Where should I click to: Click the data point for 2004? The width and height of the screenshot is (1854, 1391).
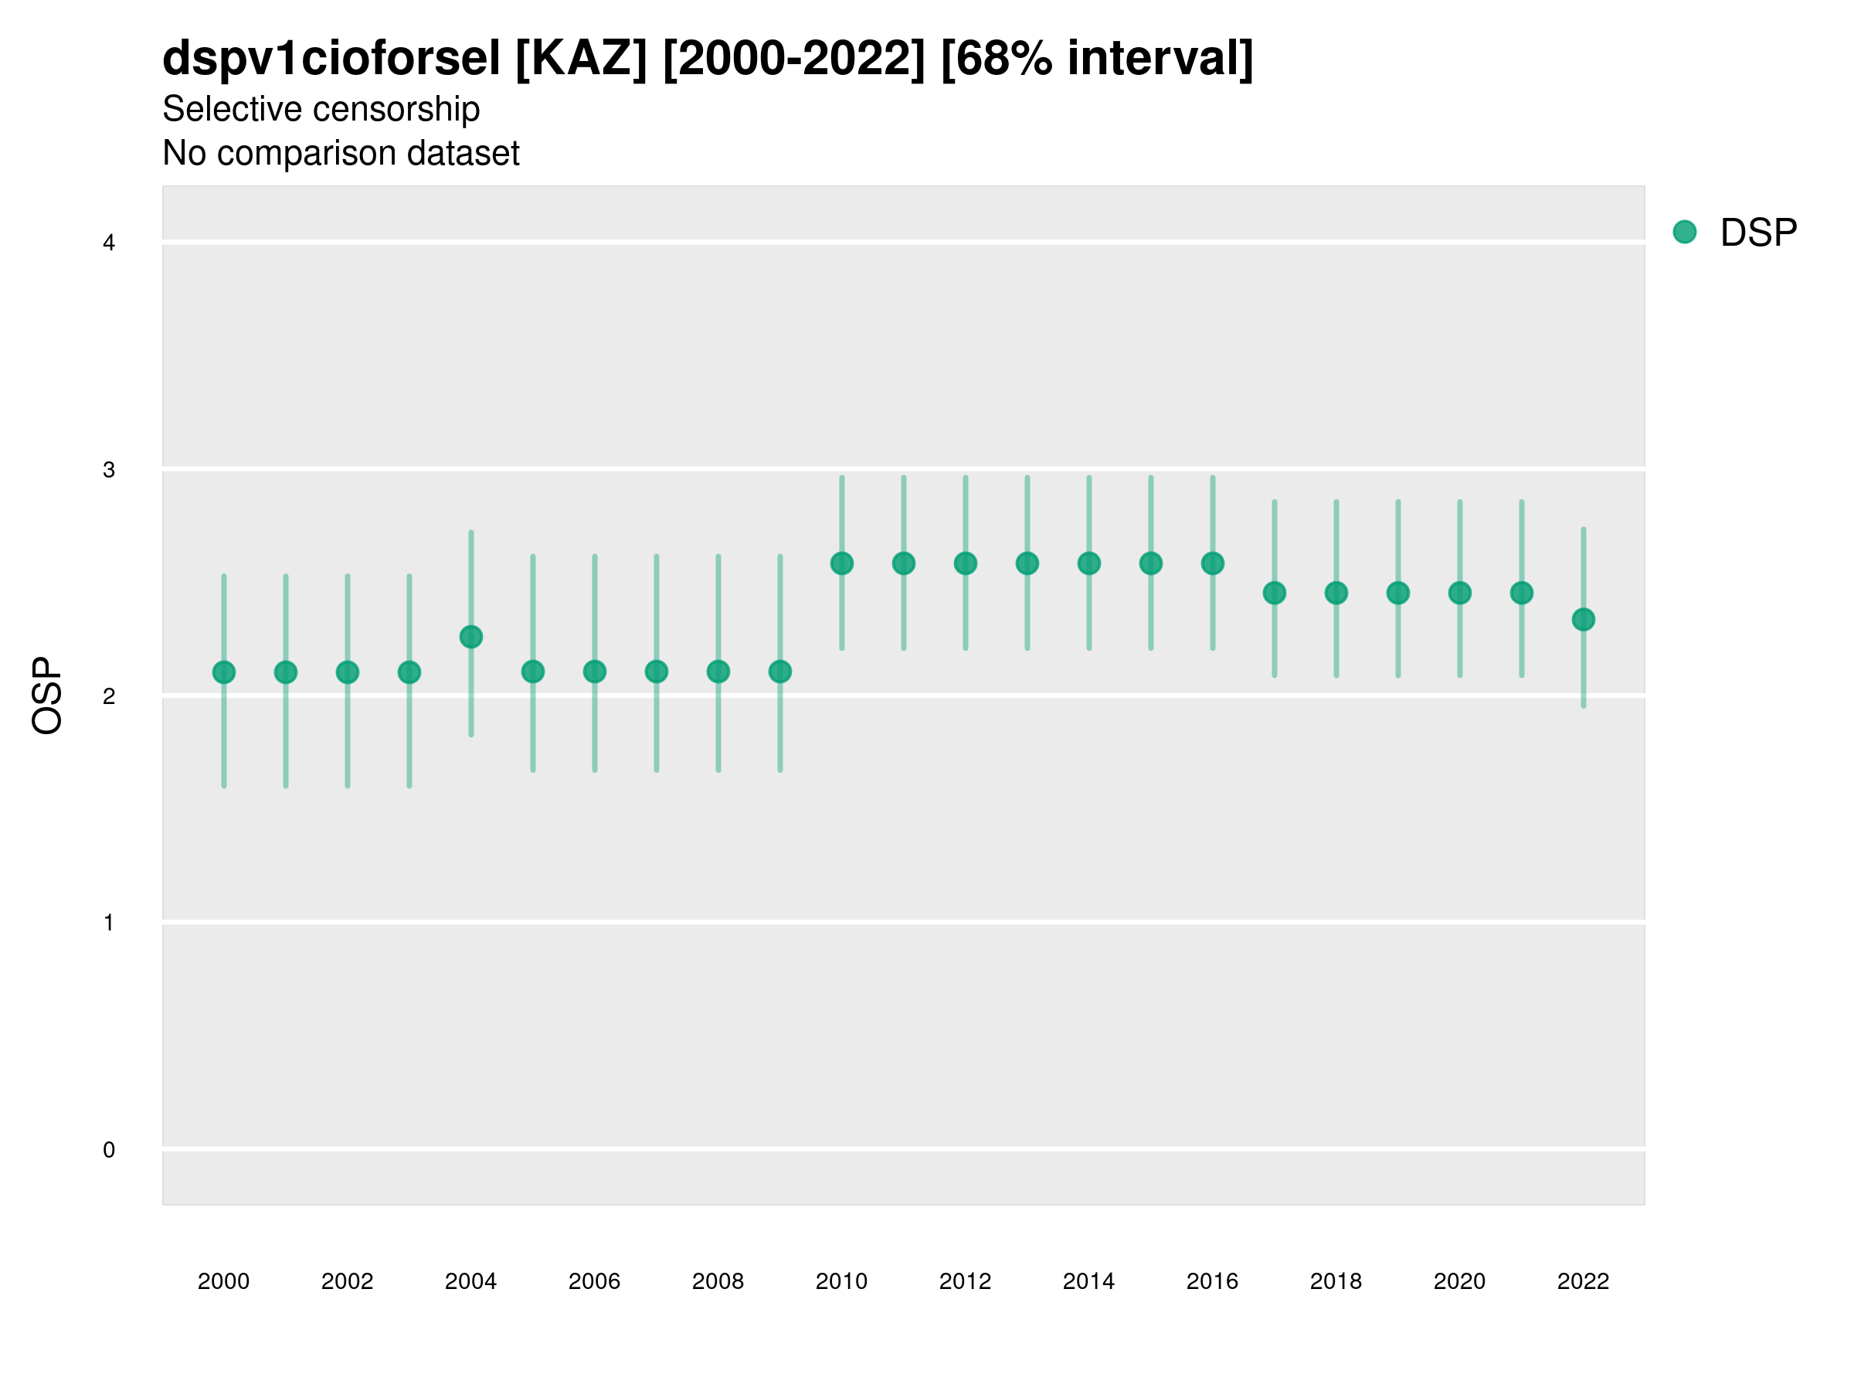pyautogui.click(x=471, y=638)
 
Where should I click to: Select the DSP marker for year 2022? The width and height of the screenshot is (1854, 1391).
pyautogui.click(x=1584, y=620)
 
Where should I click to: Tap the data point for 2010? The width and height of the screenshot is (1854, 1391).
pyautogui.click(x=841, y=563)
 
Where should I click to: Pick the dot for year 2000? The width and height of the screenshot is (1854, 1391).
pyautogui.click(x=224, y=672)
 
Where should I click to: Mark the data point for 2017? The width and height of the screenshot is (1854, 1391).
pyautogui.click(x=1274, y=593)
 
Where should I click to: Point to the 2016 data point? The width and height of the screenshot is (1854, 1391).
pyautogui.click(x=1213, y=563)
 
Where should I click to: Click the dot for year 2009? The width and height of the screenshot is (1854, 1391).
pyautogui.click(x=780, y=672)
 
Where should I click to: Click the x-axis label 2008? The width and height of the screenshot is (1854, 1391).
pyautogui.click(x=718, y=1281)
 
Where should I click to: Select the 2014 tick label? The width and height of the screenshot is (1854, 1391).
pyautogui.click(x=1088, y=1281)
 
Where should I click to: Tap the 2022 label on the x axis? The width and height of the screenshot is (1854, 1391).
pyautogui.click(x=1584, y=1281)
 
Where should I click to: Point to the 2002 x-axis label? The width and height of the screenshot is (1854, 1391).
pyautogui.click(x=347, y=1281)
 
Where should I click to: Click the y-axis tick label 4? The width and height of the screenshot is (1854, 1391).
pyautogui.click(x=109, y=243)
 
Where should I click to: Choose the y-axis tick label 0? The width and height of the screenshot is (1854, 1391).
pyautogui.click(x=109, y=1150)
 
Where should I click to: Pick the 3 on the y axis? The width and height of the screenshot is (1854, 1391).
pyautogui.click(x=109, y=470)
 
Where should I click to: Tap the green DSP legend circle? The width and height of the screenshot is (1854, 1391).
pyautogui.click(x=1685, y=233)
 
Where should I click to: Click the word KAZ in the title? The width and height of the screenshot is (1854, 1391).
pyautogui.click(x=581, y=59)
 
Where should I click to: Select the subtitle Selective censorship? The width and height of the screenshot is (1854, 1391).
pyautogui.click(x=321, y=109)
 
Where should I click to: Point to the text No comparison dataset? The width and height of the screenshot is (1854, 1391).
pyautogui.click(x=341, y=154)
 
